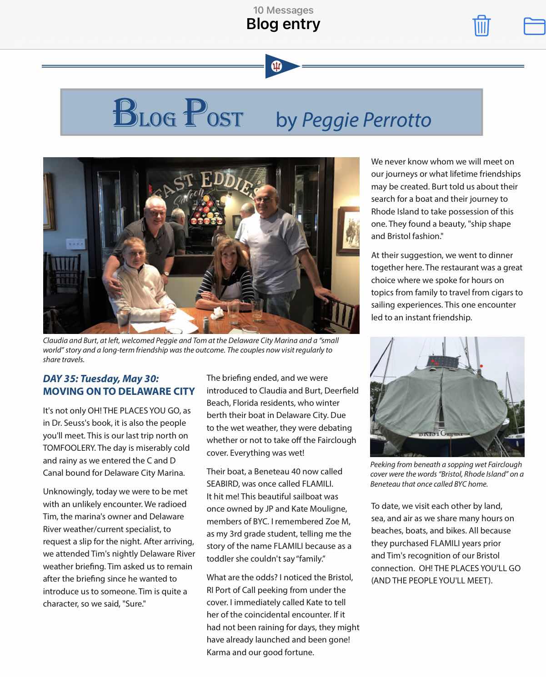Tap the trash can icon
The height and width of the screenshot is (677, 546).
tap(481, 25)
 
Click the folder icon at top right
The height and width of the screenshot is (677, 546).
tap(534, 26)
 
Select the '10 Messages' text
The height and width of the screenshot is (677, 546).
tap(283, 10)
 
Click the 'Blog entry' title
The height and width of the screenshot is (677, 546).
tap(283, 24)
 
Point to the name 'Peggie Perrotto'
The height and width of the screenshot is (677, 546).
tap(366, 120)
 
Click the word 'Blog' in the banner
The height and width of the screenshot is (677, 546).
tap(144, 114)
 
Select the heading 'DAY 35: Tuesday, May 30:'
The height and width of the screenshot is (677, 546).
tap(101, 378)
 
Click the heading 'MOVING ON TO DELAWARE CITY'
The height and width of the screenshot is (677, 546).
tap(119, 391)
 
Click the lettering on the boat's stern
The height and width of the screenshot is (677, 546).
tap(440, 433)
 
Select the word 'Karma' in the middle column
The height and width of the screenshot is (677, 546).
tap(218, 652)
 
